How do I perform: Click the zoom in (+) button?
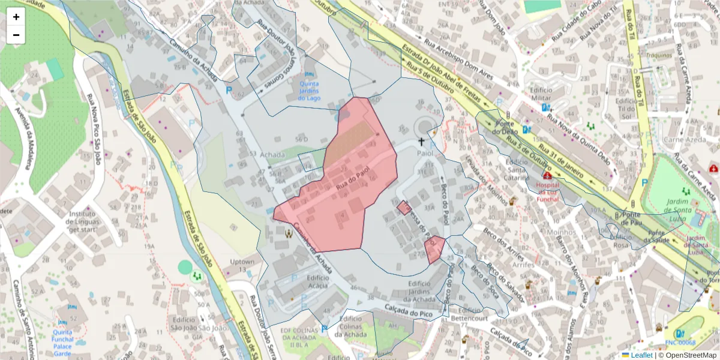pyautogui.click(x=16, y=17)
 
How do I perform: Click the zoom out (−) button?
pyautogui.click(x=16, y=35)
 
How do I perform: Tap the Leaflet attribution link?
pyautogui.click(x=641, y=355)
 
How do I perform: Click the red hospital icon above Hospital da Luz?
pyautogui.click(x=547, y=176)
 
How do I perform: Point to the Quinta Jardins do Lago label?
pyautogui.click(x=309, y=91)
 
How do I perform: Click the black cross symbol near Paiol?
pyautogui.click(x=421, y=142)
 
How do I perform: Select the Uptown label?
pyautogui.click(x=242, y=262)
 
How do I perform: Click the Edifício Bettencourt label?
pyautogui.click(x=470, y=314)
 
